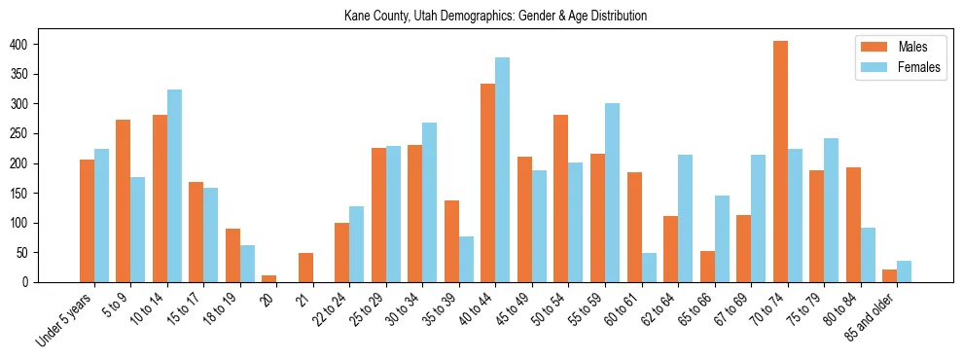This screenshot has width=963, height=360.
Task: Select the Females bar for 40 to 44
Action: click(x=503, y=169)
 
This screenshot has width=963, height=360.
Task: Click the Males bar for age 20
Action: click(x=269, y=278)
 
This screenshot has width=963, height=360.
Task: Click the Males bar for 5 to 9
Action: click(x=124, y=200)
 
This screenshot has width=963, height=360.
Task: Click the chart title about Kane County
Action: click(x=495, y=17)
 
